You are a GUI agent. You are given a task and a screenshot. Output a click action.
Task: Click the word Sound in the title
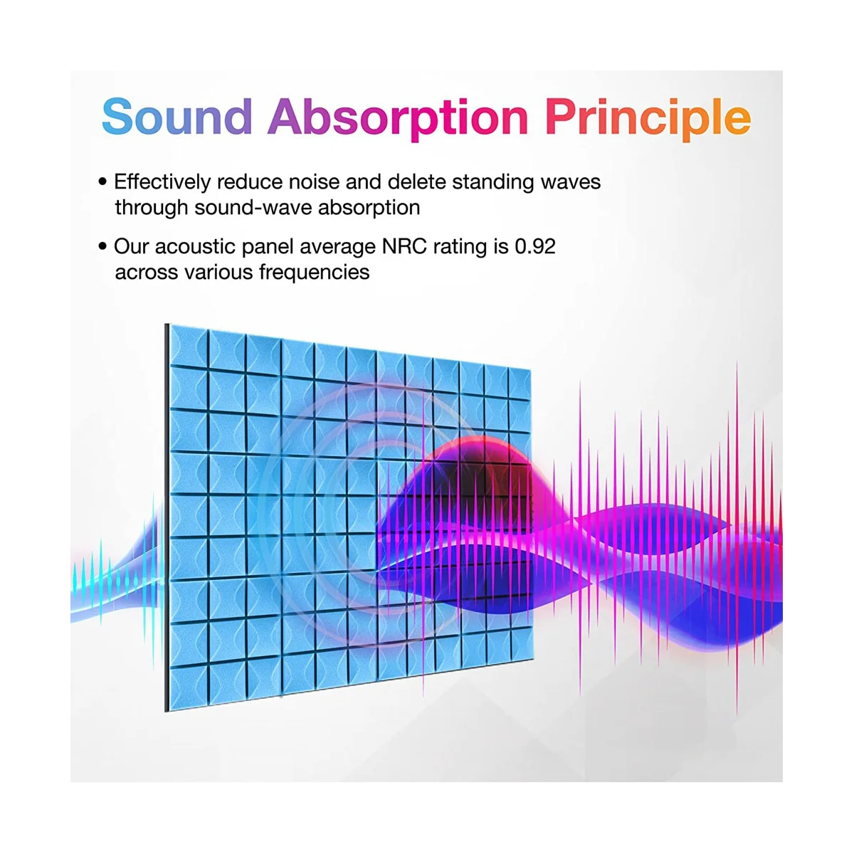tap(177, 116)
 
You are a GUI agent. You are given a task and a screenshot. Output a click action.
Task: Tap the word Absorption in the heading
tap(398, 119)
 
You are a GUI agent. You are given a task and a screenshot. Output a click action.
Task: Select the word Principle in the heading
tap(648, 119)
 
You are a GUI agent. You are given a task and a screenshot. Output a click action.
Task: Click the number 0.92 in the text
tap(535, 246)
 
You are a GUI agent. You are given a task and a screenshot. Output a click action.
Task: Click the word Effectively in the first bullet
tap(162, 182)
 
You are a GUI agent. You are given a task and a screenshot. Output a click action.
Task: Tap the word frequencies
tap(315, 272)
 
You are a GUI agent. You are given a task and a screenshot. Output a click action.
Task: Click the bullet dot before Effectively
tap(103, 181)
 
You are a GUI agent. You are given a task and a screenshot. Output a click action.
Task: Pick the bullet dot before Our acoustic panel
tap(103, 246)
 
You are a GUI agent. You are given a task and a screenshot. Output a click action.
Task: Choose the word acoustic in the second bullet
tap(195, 246)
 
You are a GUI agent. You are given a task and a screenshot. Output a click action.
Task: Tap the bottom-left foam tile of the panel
tap(189, 685)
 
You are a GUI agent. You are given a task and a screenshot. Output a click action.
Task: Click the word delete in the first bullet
tap(417, 182)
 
